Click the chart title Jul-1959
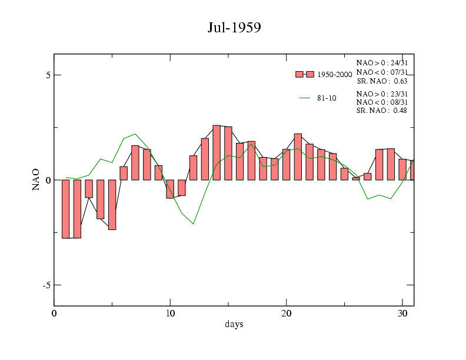[234, 28]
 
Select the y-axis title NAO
[36, 179]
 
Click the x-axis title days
[234, 324]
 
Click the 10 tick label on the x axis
[170, 312]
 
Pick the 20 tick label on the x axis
[286, 312]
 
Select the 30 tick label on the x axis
[402, 312]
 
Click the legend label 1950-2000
[334, 75]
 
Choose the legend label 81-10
[327, 98]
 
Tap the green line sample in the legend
[304, 98]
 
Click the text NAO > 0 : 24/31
[382, 62]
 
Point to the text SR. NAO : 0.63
[382, 81]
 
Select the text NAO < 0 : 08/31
[382, 102]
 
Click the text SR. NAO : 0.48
[382, 111]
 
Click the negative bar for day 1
[66, 209]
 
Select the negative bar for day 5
[112, 204]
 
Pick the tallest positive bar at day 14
[217, 152]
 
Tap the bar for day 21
[298, 156]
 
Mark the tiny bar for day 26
[356, 178]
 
